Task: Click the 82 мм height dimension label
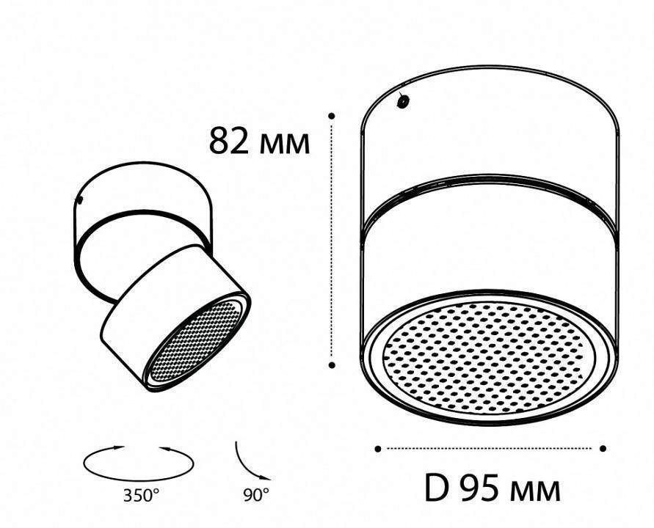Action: [x=259, y=142]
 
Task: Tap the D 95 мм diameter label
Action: [x=493, y=487]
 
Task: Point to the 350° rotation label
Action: [x=141, y=495]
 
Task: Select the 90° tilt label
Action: [x=255, y=495]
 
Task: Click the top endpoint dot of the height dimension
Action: [x=332, y=115]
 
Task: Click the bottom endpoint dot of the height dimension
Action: [x=332, y=364]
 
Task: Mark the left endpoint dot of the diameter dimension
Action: [x=377, y=448]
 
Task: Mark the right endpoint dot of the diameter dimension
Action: [x=603, y=448]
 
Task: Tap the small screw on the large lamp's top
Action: [x=402, y=102]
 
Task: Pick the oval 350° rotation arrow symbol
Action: [x=139, y=461]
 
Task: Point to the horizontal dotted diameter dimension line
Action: [x=490, y=448]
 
